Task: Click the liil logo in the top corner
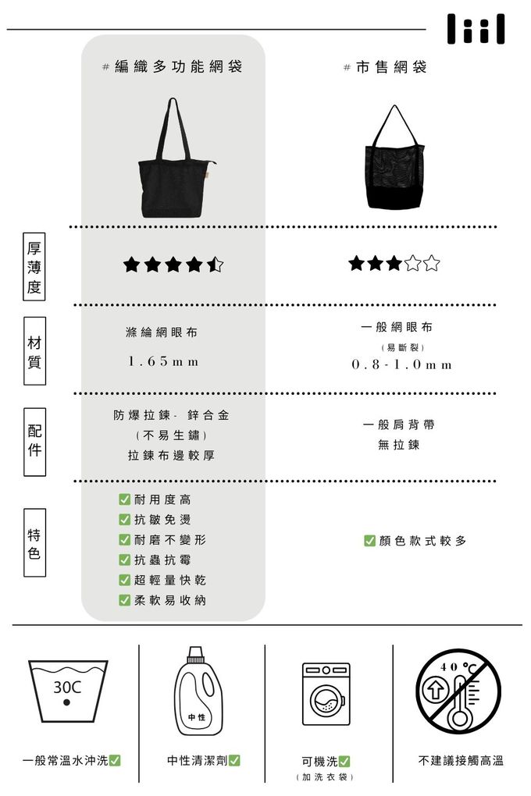click(x=476, y=29)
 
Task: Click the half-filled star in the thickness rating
click(x=215, y=265)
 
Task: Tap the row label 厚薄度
click(x=34, y=267)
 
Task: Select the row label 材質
click(x=34, y=351)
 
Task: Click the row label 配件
click(x=34, y=442)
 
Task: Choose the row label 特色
click(x=34, y=542)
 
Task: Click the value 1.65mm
click(x=163, y=361)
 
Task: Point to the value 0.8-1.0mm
click(x=401, y=364)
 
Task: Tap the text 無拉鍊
click(x=399, y=445)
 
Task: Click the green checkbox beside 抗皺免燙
click(x=124, y=519)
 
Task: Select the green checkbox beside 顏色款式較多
click(x=370, y=541)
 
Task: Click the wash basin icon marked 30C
click(x=68, y=691)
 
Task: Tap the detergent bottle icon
click(x=198, y=691)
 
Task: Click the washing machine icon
click(x=326, y=694)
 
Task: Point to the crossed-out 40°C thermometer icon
click(x=458, y=691)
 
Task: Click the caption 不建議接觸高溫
click(x=461, y=760)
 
